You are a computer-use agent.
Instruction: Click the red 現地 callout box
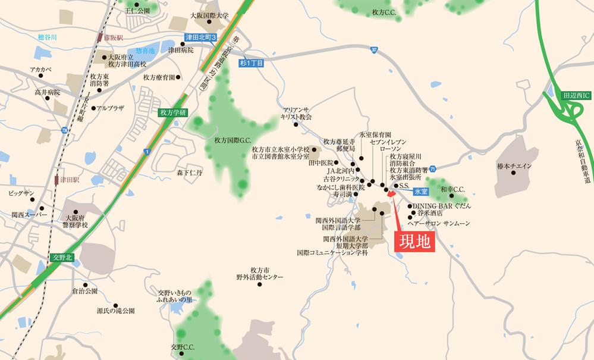click(x=415, y=242)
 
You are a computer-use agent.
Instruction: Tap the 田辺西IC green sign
click(x=576, y=94)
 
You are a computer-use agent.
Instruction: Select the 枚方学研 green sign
click(x=173, y=112)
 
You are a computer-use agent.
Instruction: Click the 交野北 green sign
click(x=62, y=257)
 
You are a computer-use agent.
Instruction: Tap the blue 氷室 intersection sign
click(x=421, y=192)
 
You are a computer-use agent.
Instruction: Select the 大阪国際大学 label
click(x=209, y=16)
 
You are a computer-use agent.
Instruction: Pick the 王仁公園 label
click(x=137, y=11)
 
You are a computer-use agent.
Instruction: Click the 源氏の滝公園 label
click(x=116, y=311)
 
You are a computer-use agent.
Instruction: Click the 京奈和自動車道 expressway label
click(x=586, y=155)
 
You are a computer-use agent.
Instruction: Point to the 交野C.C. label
click(x=183, y=347)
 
